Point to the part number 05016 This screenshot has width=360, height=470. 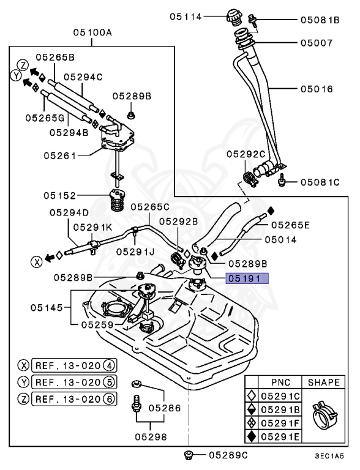click(316, 89)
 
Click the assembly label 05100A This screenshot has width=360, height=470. click(92, 34)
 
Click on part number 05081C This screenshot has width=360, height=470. click(319, 182)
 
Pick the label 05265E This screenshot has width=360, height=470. click(290, 225)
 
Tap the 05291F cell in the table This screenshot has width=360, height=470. click(280, 423)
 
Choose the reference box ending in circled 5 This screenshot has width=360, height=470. click(75, 382)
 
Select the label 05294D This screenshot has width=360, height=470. click(69, 212)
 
